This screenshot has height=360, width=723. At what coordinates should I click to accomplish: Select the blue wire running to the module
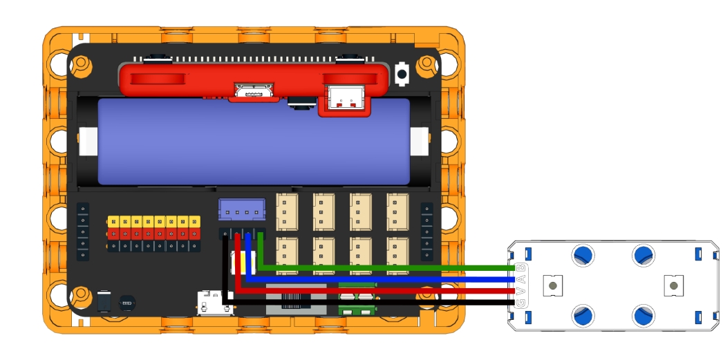coord(387,280)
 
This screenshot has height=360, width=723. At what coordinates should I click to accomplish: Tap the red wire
coord(387,291)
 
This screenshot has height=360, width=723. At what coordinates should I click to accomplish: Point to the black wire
coord(387,303)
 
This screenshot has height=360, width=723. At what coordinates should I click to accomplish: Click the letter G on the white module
coord(520,303)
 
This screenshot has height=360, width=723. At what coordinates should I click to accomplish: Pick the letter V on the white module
coord(520,291)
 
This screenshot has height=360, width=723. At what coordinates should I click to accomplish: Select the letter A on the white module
coord(520,280)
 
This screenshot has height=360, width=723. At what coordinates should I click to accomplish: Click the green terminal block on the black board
coord(357,303)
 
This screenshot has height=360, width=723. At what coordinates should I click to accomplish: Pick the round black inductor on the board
coord(127,303)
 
